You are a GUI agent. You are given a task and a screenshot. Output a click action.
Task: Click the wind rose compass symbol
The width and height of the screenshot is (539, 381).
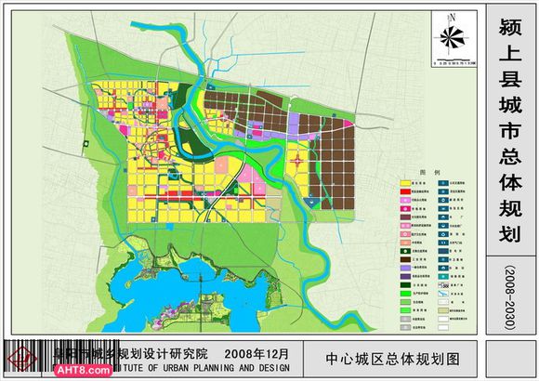tap(452, 36)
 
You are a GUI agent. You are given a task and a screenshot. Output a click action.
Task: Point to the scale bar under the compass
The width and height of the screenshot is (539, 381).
tap(452, 62)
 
